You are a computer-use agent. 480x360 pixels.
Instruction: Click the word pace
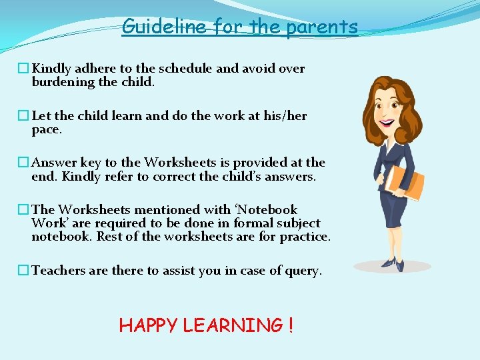(x=47, y=129)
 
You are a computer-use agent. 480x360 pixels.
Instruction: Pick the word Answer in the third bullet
(x=55, y=163)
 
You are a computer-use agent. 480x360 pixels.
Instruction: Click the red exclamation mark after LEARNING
(x=290, y=325)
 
